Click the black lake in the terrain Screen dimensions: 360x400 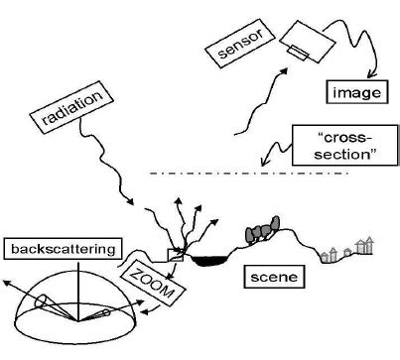[x=208, y=261]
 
